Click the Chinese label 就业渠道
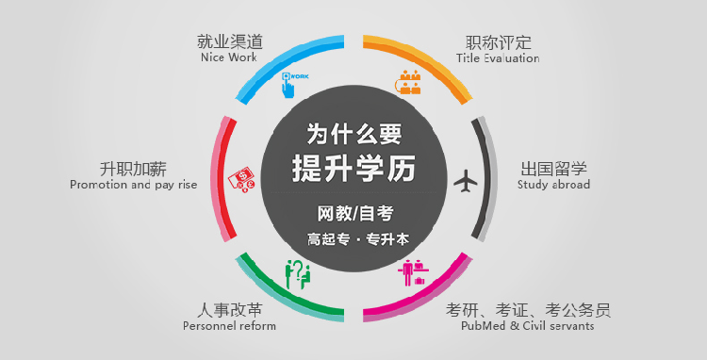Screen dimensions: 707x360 pos(229,41)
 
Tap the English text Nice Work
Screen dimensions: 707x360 pos(229,57)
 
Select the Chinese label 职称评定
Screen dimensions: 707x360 pos(498,42)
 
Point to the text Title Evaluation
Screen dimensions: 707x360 pos(498,58)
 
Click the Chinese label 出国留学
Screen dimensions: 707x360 pos(553,169)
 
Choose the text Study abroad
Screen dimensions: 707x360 pos(553,185)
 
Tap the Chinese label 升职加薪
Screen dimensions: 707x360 pos(133,170)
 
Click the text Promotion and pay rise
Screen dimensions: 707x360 pos(133,186)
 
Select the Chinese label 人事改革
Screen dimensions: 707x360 pos(229,310)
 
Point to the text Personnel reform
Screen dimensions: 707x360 pos(229,326)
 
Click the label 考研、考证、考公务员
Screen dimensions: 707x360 pos(528,310)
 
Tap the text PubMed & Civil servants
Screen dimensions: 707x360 pos(528,326)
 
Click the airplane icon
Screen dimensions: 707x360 pos(466,179)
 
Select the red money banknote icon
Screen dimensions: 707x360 pos(240,179)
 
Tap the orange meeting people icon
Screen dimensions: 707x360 pos(407,83)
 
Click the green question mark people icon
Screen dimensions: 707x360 pos(298,273)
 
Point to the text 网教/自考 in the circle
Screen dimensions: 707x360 pos(353,212)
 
